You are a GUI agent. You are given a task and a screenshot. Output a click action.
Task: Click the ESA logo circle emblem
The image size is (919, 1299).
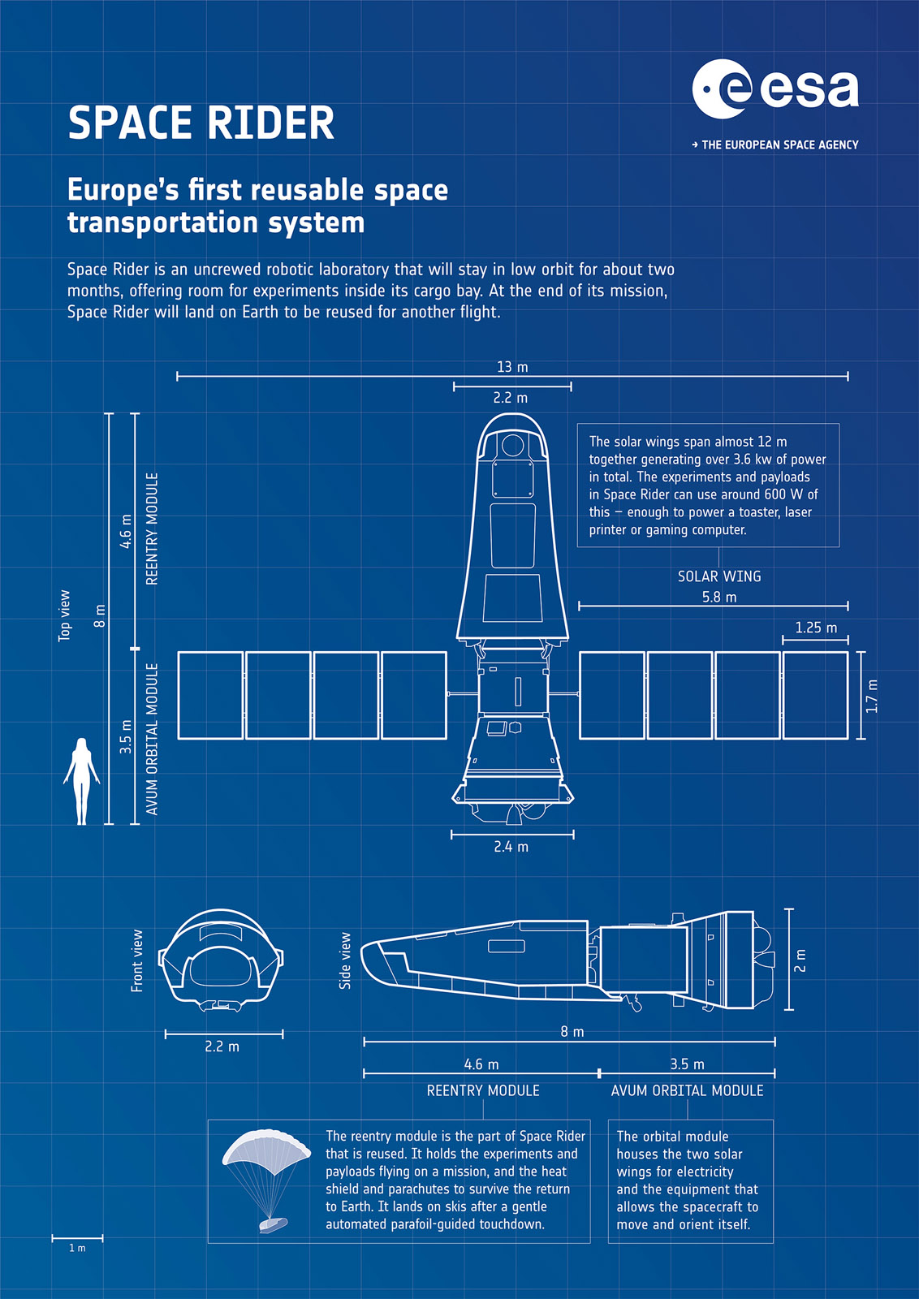click(x=722, y=88)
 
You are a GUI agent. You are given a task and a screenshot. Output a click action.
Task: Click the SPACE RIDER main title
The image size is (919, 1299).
click(x=201, y=123)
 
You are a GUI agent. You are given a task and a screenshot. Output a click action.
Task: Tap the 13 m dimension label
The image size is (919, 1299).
click(x=512, y=367)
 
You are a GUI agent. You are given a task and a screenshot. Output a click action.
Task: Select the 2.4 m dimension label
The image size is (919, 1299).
click(x=511, y=847)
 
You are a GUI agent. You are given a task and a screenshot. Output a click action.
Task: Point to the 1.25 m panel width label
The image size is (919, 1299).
click(x=816, y=628)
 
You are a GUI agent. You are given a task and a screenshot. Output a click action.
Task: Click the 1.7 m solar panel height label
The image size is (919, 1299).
click(x=871, y=696)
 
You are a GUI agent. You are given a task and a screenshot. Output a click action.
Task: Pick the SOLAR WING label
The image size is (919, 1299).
click(x=719, y=576)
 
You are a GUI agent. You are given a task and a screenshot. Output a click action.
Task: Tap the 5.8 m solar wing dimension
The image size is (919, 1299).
click(x=719, y=597)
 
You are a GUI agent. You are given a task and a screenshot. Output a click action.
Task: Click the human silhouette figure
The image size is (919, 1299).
click(x=82, y=781)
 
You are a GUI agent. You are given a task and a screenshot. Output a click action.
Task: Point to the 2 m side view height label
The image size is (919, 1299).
click(x=800, y=960)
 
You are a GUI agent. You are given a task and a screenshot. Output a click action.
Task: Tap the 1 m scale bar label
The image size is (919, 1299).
click(x=77, y=1248)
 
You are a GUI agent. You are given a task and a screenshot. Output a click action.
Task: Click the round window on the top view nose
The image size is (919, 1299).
click(x=512, y=446)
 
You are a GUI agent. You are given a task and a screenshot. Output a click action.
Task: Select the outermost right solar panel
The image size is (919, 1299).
click(x=815, y=695)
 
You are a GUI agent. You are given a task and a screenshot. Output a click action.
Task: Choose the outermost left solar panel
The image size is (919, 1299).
click(x=210, y=695)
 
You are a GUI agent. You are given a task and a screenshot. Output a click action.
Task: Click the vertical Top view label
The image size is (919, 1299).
click(x=64, y=616)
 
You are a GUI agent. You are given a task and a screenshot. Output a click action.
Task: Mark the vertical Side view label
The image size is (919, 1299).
click(x=345, y=961)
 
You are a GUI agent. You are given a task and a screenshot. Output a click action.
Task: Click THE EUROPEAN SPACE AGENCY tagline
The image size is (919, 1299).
click(x=775, y=145)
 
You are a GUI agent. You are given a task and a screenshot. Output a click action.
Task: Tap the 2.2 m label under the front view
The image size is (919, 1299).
click(x=222, y=1047)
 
